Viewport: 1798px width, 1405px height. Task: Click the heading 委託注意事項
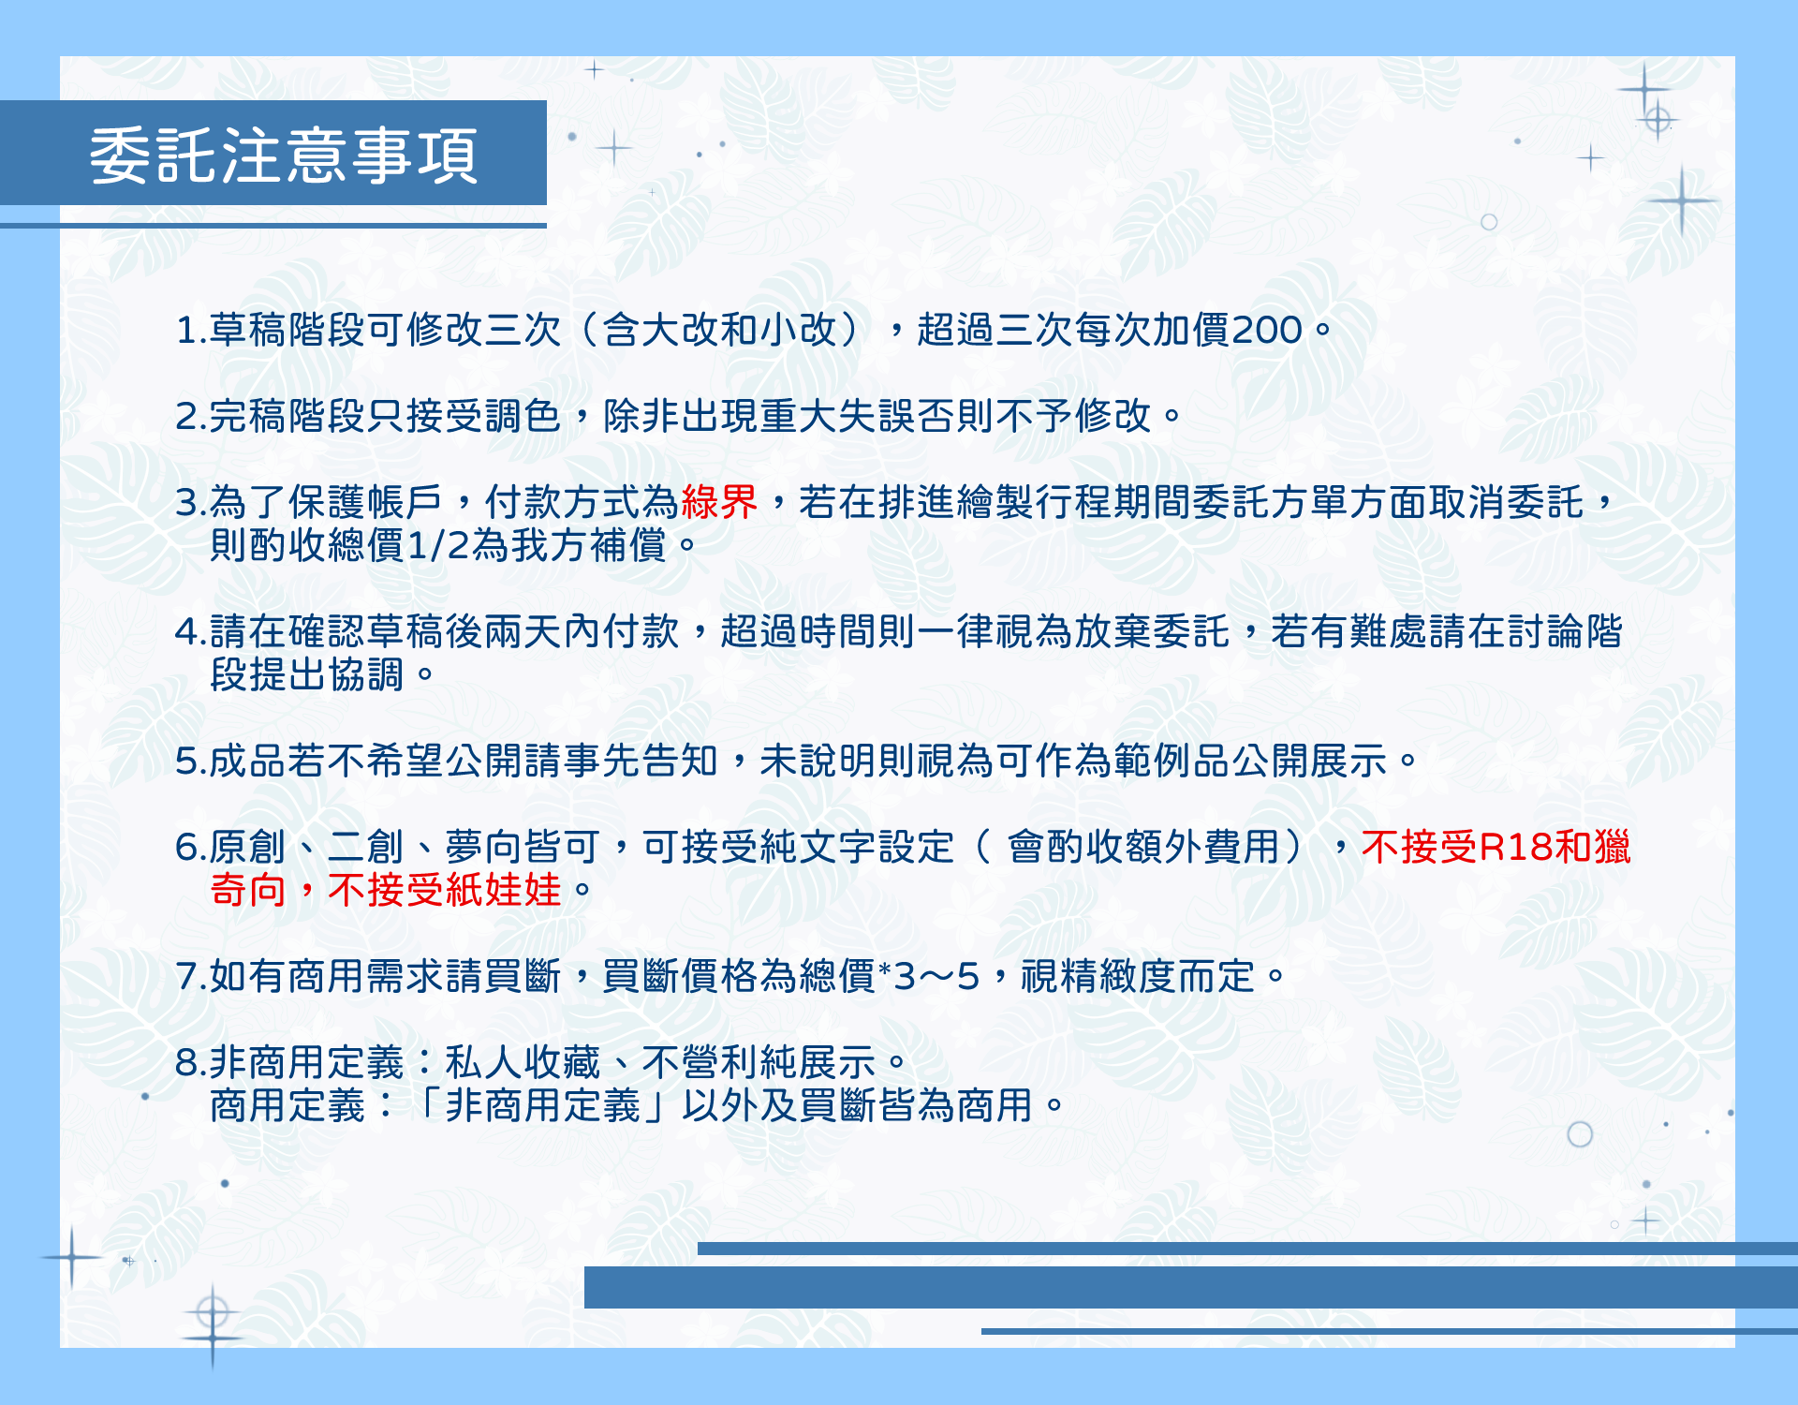click(284, 155)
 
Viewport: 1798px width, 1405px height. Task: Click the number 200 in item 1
click(1267, 330)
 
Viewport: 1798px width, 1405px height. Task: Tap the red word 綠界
click(719, 502)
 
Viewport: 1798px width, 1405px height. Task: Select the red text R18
click(1515, 847)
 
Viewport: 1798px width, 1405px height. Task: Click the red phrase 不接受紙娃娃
click(444, 890)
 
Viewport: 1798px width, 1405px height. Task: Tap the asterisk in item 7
click(885, 968)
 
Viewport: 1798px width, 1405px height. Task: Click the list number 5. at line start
click(190, 762)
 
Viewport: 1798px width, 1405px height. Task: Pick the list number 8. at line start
click(190, 1063)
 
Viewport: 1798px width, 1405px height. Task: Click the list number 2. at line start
click(190, 417)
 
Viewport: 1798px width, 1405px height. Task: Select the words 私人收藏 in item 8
click(523, 1062)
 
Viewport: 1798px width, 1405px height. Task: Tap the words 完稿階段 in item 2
click(287, 416)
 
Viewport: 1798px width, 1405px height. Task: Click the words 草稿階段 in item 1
click(287, 330)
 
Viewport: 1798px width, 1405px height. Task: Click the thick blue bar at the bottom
click(1191, 1287)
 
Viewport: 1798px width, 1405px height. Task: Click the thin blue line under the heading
click(273, 226)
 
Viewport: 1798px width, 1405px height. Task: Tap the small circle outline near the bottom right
click(1580, 1134)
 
